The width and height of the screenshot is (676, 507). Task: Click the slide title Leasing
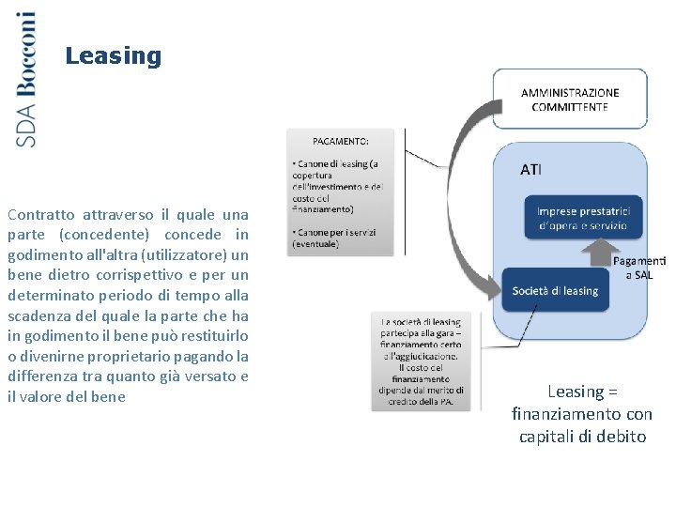coord(114,56)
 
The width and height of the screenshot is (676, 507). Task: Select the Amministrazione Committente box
coord(570,99)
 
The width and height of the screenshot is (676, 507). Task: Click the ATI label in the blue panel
coord(530,170)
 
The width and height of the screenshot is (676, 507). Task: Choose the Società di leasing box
coord(555,290)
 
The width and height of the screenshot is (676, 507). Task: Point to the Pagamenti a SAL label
coord(639,268)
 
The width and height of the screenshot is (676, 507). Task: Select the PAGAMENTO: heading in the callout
coord(341,141)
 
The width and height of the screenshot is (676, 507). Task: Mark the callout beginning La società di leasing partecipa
coord(421,361)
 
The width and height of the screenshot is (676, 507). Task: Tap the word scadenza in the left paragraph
coord(38,316)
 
